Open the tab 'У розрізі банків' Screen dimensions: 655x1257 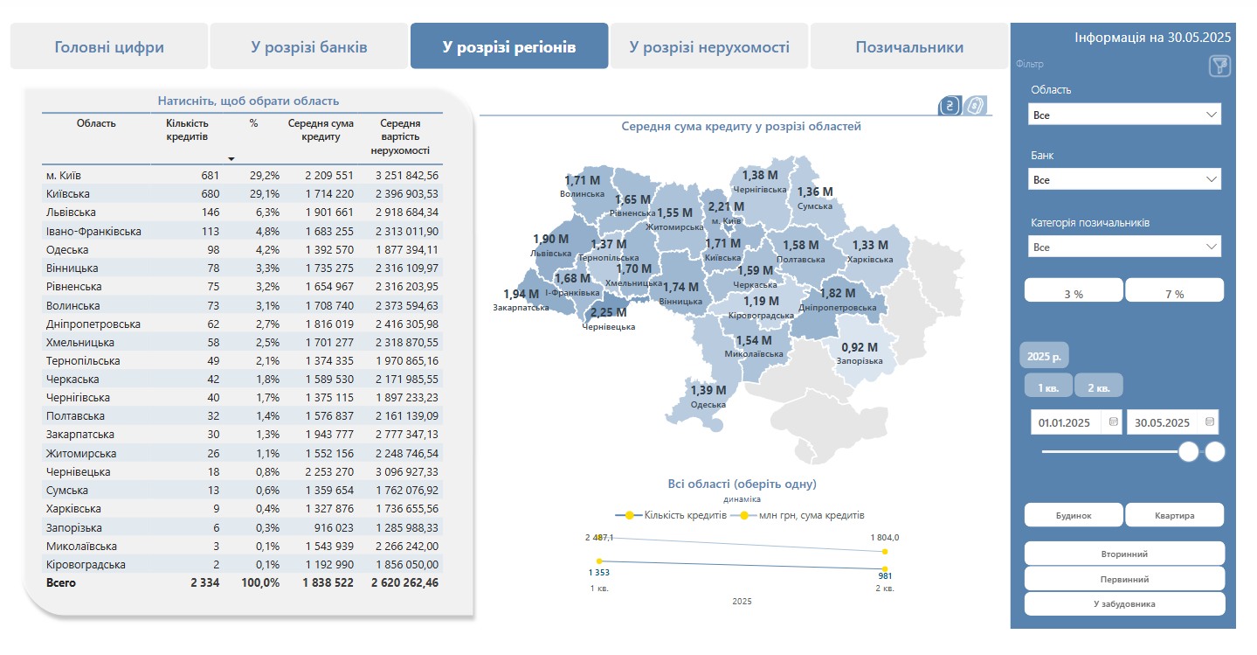309,47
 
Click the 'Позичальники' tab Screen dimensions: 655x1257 909,47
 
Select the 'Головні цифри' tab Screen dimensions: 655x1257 109,47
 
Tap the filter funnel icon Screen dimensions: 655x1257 1219,66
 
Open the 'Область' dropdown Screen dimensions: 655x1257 1124,115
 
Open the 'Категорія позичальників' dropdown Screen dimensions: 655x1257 1124,247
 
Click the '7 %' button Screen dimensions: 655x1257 1174,294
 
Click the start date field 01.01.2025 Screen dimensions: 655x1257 1064,422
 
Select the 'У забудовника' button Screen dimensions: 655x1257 1124,603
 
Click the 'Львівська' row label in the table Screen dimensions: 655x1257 72,213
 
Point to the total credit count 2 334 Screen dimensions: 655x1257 205,582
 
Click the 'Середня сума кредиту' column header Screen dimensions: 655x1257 321,129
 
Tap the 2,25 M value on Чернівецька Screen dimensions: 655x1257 608,312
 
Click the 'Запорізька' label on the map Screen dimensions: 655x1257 859,360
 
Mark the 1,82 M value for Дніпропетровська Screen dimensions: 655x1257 837,293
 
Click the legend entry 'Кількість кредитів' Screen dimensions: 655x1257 684,515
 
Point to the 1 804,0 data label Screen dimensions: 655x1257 883,538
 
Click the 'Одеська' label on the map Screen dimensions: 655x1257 708,404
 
